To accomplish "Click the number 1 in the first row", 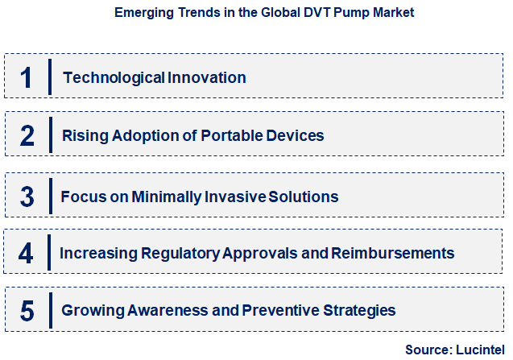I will [x=26, y=78].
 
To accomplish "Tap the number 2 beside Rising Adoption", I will [x=27, y=135].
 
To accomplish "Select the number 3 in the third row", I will [x=27, y=196].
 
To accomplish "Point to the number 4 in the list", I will [x=26, y=253].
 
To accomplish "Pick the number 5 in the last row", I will [x=27, y=310].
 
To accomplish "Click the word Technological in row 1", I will [x=114, y=78].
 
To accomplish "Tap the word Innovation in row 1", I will [x=207, y=78].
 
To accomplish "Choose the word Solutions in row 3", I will [x=304, y=197].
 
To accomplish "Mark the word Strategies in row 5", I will [x=358, y=310].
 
